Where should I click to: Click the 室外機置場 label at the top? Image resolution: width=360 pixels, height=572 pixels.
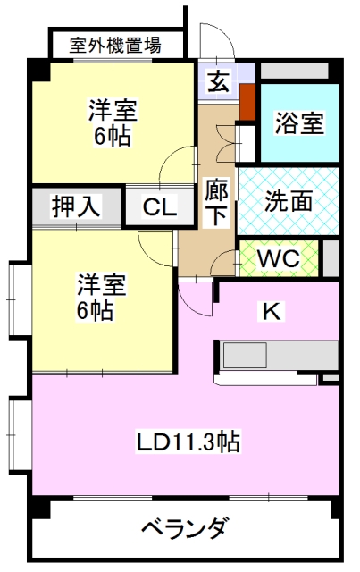click(x=115, y=46)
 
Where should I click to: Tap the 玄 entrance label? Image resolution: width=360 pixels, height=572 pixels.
click(x=219, y=81)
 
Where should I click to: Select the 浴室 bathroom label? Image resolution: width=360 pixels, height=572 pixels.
click(x=299, y=123)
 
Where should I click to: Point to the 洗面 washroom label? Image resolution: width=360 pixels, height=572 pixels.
click(x=289, y=201)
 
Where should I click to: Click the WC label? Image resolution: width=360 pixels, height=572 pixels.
click(x=279, y=258)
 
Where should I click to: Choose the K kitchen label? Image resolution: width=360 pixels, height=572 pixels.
click(x=272, y=312)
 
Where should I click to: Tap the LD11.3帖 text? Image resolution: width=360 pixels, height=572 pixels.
click(x=188, y=442)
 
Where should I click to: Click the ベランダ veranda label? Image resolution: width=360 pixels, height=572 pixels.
click(x=186, y=528)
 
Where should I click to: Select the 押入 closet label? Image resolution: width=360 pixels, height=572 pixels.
click(x=76, y=206)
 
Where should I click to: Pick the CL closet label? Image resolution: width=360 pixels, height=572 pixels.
click(x=160, y=206)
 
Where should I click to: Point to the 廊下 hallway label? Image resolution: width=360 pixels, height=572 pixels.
click(x=217, y=202)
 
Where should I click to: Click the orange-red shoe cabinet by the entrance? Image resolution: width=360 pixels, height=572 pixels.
click(x=247, y=102)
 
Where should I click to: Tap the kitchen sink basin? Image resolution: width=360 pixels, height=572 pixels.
click(x=245, y=355)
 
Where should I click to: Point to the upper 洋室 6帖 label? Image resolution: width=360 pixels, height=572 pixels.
click(x=113, y=122)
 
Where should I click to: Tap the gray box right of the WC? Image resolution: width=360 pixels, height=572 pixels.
click(x=331, y=258)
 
